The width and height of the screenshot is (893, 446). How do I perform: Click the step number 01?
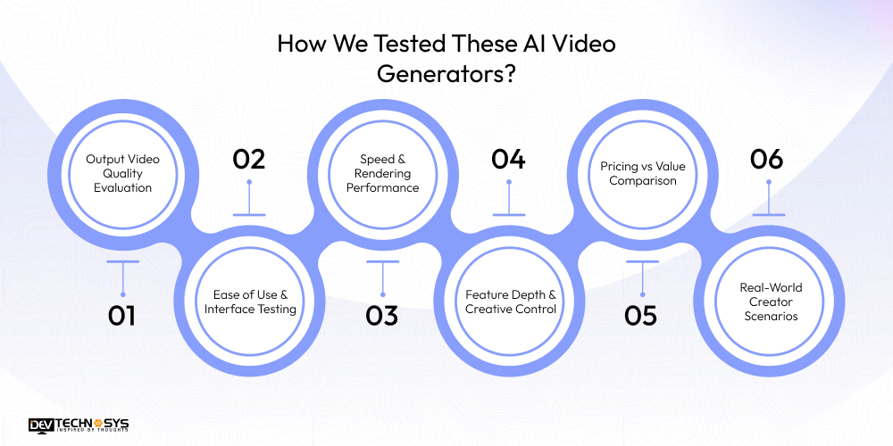(122, 316)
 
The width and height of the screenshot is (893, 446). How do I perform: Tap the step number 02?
(249, 160)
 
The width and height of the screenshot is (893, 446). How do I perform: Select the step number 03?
(381, 316)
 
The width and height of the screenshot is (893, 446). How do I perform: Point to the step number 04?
(508, 160)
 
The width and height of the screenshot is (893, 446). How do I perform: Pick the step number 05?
(641, 316)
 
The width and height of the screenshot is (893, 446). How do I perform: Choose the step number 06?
(766, 160)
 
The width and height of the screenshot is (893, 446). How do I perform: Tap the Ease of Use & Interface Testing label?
(250, 301)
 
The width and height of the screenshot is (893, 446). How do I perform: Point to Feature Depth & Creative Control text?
(511, 301)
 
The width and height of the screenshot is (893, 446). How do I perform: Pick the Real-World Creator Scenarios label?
(771, 301)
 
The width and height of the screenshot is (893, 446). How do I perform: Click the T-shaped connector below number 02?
(249, 200)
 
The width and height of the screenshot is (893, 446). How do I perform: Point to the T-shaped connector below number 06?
(767, 200)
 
